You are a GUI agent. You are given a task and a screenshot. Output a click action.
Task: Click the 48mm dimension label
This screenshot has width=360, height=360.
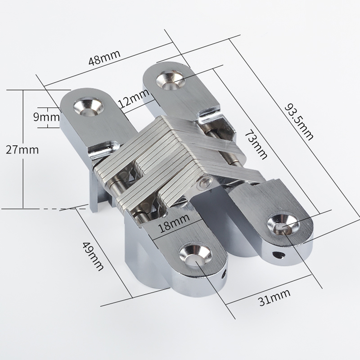click(104, 58)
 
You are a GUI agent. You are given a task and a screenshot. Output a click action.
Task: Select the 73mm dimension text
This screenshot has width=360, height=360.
click(256, 144)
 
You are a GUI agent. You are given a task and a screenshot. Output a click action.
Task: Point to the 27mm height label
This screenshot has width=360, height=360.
click(22, 150)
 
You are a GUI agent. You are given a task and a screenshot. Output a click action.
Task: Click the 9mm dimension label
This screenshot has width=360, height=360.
click(47, 117)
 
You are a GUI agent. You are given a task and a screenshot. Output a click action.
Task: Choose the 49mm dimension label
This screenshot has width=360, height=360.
click(93, 256)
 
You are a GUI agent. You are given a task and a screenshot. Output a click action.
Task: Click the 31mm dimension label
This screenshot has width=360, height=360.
click(274, 298)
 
